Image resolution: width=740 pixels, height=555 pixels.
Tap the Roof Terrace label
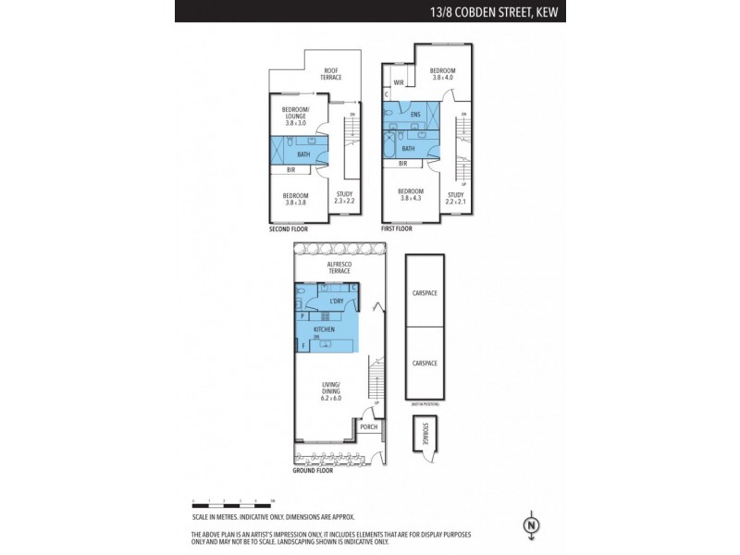pyautogui.click(x=331, y=74)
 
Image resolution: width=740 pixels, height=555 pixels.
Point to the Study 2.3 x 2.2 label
pyautogui.click(x=344, y=197)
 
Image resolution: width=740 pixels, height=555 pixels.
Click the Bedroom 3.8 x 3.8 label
pyautogui.click(x=296, y=198)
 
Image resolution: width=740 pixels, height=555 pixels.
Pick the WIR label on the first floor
pyautogui.click(x=399, y=83)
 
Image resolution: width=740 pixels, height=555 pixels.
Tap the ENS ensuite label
pyautogui.click(x=416, y=115)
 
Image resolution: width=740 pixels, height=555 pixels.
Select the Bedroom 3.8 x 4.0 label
pyautogui.click(x=441, y=74)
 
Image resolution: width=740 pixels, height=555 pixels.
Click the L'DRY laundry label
pyautogui.click(x=337, y=302)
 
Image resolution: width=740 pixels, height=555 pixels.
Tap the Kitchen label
pyautogui.click(x=324, y=329)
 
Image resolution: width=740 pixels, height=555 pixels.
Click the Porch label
pyautogui.click(x=369, y=427)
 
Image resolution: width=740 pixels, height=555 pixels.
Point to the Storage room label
pyautogui.click(x=425, y=435)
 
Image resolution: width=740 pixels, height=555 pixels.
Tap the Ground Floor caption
pyautogui.click(x=313, y=471)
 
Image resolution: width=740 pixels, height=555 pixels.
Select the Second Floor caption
pyautogui.click(x=287, y=228)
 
